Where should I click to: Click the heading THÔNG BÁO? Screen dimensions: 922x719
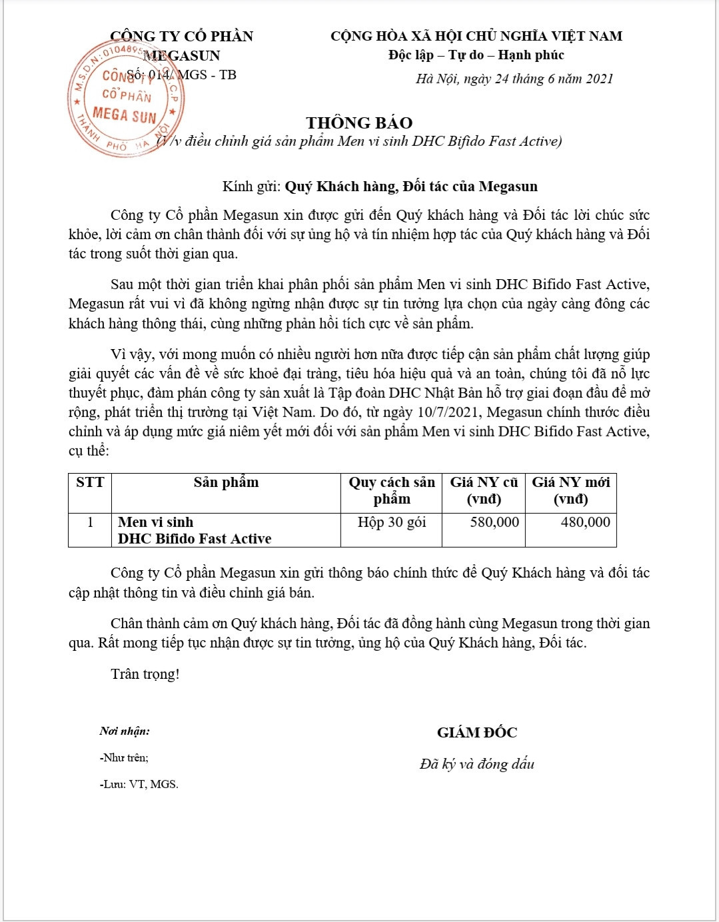(x=359, y=123)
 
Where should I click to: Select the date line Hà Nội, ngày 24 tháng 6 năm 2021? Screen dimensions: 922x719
(x=514, y=79)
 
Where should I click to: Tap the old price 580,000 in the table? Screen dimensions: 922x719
(x=494, y=522)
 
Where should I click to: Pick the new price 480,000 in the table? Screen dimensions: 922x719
(x=585, y=522)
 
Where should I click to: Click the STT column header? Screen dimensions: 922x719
(x=90, y=482)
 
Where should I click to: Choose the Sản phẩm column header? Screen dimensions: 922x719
(x=226, y=482)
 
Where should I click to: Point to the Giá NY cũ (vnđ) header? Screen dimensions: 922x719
(x=484, y=490)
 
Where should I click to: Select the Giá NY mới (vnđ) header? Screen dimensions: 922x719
(x=570, y=490)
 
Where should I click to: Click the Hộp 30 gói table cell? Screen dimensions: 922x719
(x=391, y=522)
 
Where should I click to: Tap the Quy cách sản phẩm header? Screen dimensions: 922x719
(x=391, y=490)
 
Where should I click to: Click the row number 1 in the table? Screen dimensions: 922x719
(x=90, y=522)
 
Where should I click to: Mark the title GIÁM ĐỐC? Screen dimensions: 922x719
(x=476, y=733)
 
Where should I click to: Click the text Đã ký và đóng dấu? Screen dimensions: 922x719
(x=476, y=764)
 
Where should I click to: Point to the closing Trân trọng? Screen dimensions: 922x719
(x=145, y=674)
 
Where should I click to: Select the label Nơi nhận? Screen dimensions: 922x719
(x=125, y=731)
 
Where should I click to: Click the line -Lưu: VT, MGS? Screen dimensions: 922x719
(x=139, y=784)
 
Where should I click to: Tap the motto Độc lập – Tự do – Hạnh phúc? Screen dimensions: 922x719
(x=476, y=55)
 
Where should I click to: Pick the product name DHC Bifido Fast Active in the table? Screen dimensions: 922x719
(x=195, y=538)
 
